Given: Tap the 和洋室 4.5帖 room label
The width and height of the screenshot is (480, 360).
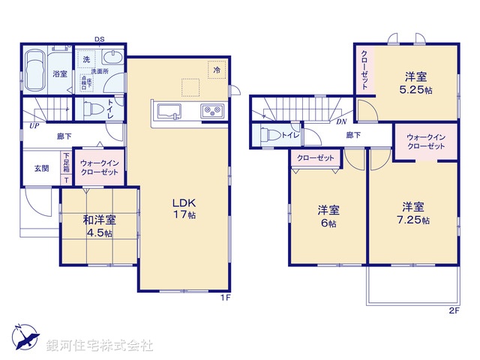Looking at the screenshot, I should [98, 226].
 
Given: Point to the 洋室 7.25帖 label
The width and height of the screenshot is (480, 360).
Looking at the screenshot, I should [415, 213].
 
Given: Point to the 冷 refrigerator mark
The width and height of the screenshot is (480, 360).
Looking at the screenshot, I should [217, 70].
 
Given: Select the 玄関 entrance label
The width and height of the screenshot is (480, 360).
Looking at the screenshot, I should [40, 168].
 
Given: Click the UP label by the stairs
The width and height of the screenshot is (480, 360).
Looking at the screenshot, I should [34, 126].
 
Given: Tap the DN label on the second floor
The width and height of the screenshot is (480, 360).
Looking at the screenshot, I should [341, 122].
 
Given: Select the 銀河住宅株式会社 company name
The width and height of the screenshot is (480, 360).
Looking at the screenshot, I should [99, 346].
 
